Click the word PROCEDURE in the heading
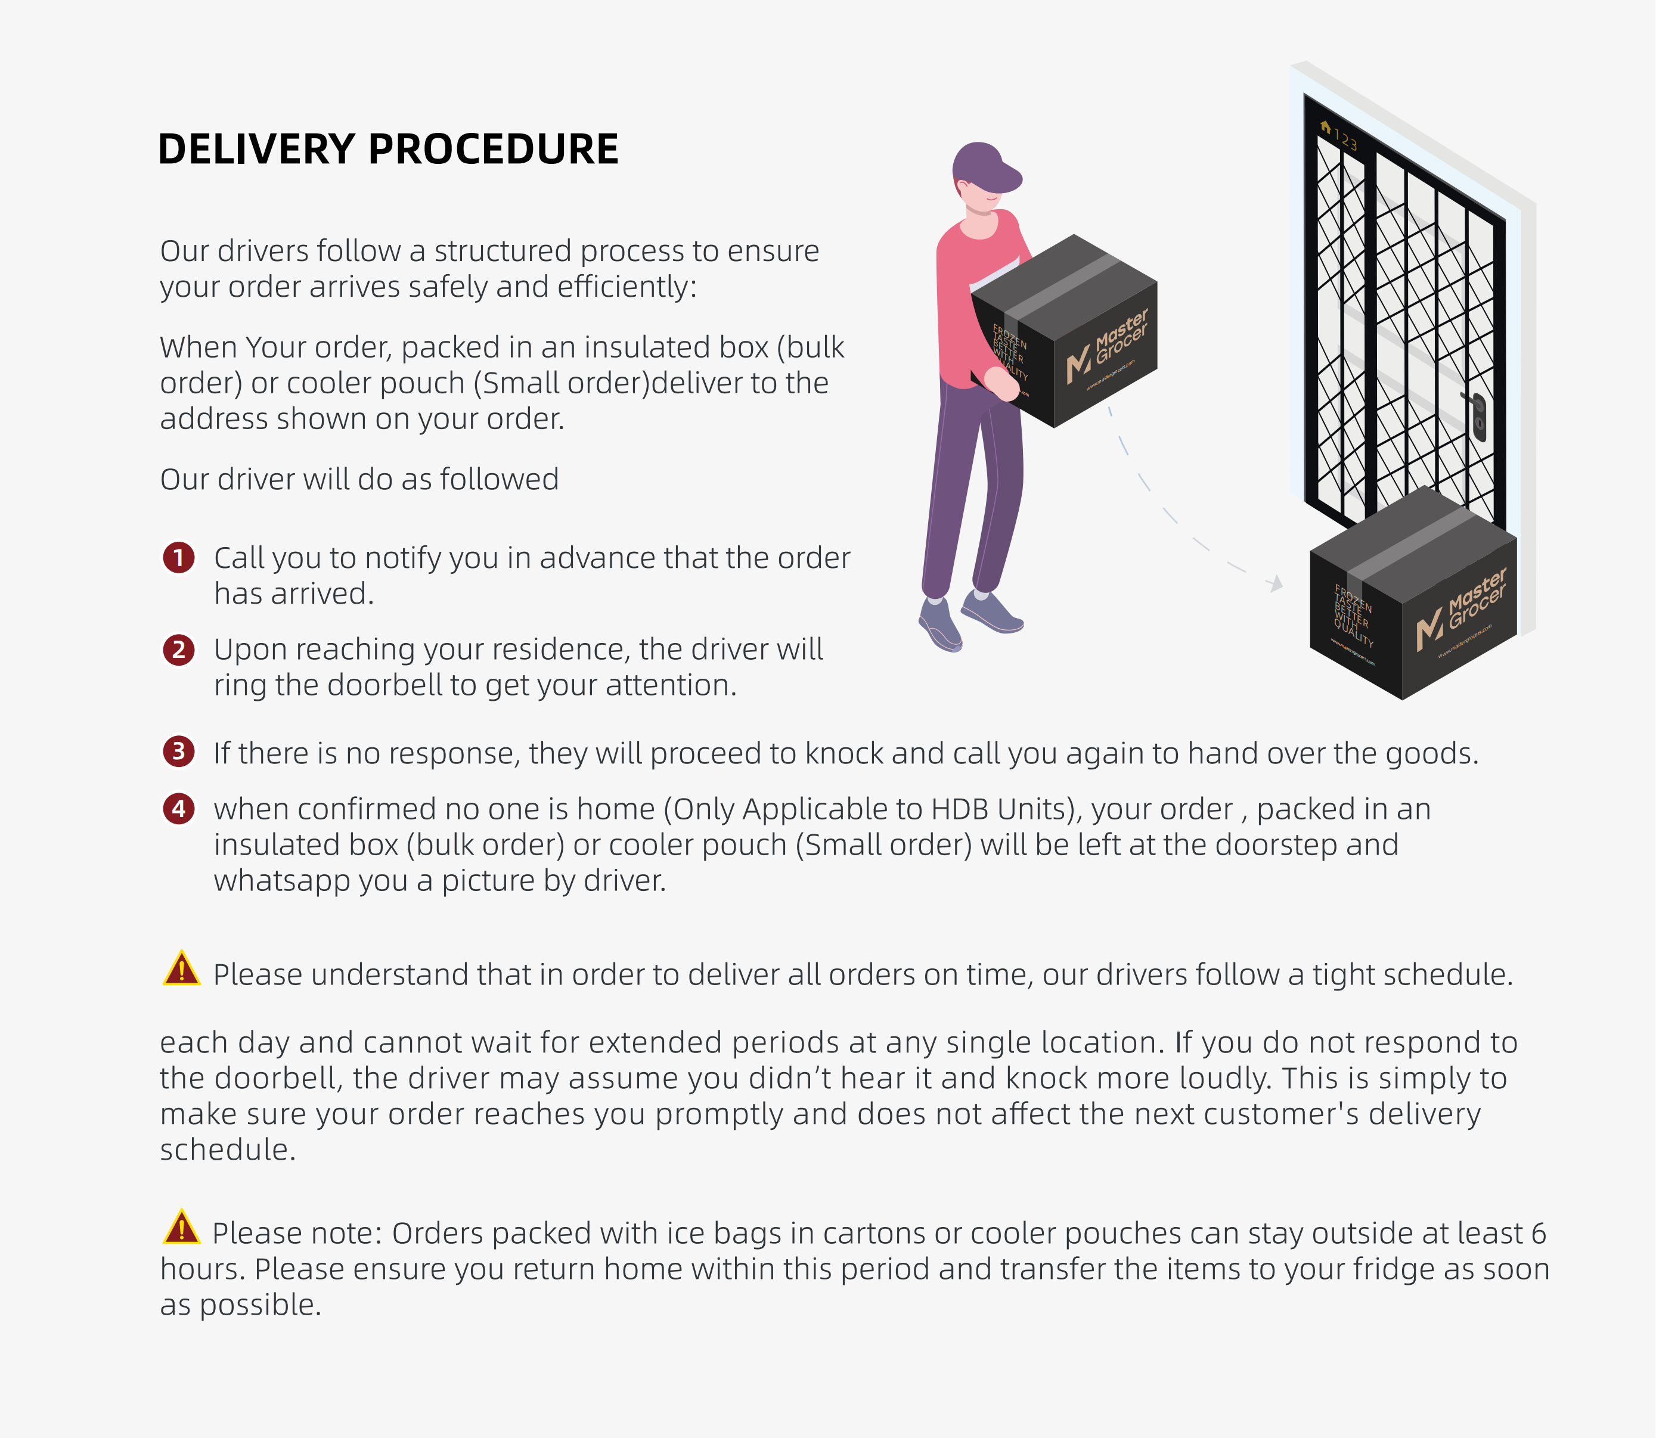pos(494,149)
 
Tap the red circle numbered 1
pos(179,557)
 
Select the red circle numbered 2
pos(179,648)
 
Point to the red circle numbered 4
pos(179,808)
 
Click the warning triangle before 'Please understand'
pos(181,968)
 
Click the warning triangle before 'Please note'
pos(181,1227)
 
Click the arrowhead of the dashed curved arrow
pos(1276,583)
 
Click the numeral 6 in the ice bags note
pos(1538,1234)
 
